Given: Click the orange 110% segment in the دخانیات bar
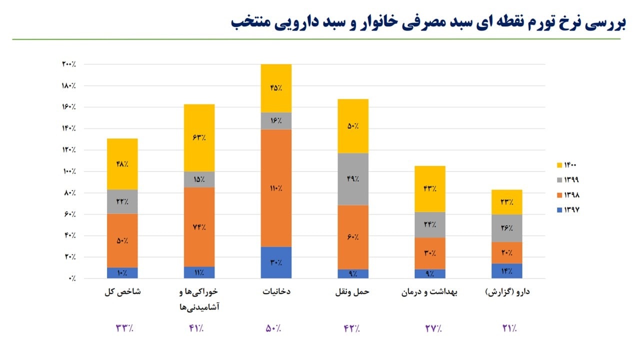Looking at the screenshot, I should pos(276,188).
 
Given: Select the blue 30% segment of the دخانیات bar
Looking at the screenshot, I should pos(276,262).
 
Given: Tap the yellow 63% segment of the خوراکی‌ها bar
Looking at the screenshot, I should pos(199,137).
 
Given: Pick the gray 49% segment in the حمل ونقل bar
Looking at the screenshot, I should pos(353,178).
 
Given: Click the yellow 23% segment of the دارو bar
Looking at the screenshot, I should pos(507,202).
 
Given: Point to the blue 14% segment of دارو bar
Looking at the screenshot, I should pos(507,270).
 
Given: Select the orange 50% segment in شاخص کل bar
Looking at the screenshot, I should pos(122,240).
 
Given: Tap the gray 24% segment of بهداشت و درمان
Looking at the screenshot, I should pos(430,224).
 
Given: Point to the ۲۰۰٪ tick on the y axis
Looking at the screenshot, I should pos(68,64).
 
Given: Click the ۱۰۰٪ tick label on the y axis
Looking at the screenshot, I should pos(68,171).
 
